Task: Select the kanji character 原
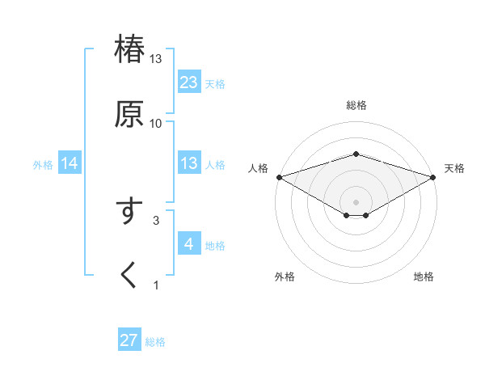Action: (x=129, y=113)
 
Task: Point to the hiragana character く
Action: (x=129, y=275)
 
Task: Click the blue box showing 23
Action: (x=189, y=82)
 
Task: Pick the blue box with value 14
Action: (x=70, y=164)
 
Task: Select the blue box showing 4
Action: (x=189, y=244)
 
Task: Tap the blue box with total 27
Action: (x=129, y=340)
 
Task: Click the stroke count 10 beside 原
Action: (x=156, y=123)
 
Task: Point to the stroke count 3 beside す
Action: (x=156, y=219)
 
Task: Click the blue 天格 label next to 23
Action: (x=215, y=83)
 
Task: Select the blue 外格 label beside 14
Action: (x=43, y=165)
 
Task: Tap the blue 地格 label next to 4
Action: (x=215, y=245)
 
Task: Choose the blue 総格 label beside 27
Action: (x=155, y=341)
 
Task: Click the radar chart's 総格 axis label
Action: (x=356, y=105)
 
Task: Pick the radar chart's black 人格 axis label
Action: (x=258, y=168)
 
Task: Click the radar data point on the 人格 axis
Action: (x=278, y=177)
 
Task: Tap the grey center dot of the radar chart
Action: (x=356, y=201)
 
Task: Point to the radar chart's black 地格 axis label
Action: (x=424, y=277)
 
